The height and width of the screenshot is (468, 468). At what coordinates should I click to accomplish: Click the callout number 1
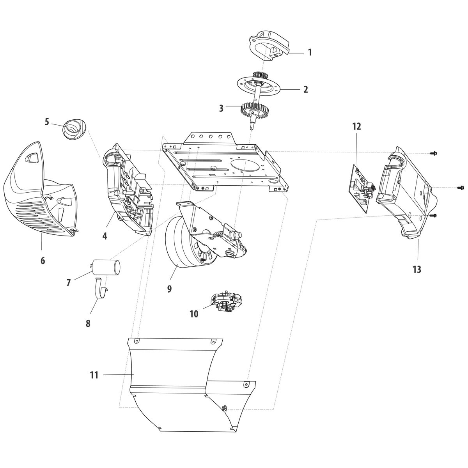tap(310, 52)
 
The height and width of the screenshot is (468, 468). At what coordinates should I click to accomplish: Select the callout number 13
tap(417, 269)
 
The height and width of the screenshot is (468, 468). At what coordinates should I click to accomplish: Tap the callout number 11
tap(94, 375)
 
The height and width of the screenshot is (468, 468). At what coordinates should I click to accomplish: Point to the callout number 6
tap(43, 261)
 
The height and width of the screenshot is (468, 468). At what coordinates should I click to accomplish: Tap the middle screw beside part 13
tap(460, 188)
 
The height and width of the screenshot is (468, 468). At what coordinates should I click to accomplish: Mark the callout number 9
tap(169, 289)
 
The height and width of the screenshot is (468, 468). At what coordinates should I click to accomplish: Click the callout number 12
tap(356, 126)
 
